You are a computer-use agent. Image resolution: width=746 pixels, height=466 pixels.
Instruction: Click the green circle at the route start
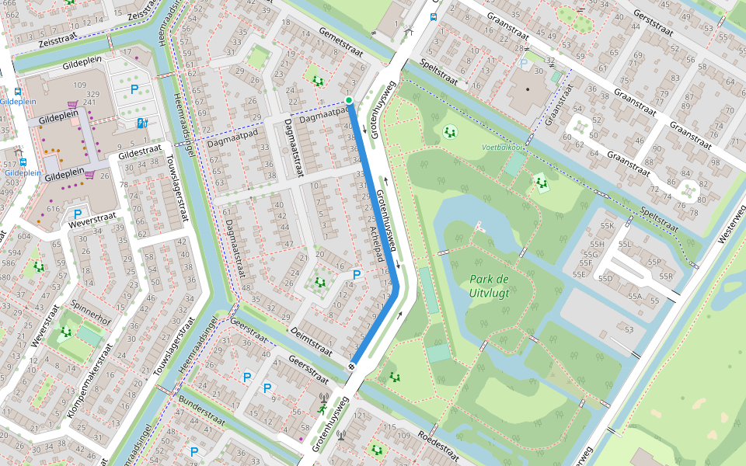349,100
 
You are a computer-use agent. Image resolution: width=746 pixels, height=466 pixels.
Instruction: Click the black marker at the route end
352,366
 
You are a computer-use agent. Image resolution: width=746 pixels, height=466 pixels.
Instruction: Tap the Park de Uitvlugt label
489,286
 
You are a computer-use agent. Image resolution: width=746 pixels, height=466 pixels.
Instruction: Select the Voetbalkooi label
504,146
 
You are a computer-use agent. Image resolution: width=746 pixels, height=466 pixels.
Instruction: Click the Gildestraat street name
140,149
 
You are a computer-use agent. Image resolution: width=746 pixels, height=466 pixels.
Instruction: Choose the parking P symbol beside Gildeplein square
134,89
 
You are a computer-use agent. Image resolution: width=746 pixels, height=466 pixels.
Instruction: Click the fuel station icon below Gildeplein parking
141,123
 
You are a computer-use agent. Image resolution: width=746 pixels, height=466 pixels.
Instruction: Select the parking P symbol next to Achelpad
357,274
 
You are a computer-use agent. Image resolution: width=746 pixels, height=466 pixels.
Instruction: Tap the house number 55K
607,225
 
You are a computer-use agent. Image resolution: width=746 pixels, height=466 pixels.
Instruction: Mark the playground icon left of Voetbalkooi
449,131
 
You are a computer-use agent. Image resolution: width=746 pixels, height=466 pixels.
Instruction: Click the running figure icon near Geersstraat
322,409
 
